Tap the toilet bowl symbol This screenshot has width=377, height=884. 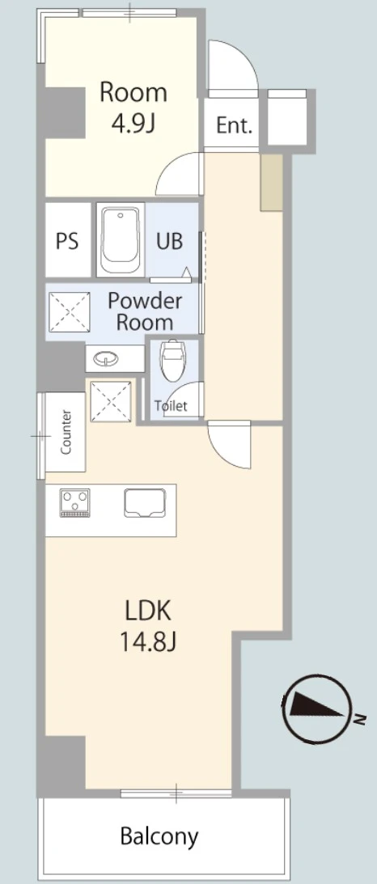pyautogui.click(x=172, y=361)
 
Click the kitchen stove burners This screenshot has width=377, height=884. pyautogui.click(x=75, y=502)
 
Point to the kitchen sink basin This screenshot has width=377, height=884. pyautogui.click(x=146, y=502)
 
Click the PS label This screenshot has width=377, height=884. pyautogui.click(x=67, y=241)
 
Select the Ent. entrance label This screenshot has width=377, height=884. pyautogui.click(x=234, y=125)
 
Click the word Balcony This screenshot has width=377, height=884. pyautogui.click(x=159, y=836)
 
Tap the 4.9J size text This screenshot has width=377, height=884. pyautogui.click(x=133, y=124)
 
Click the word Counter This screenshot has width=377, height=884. pyautogui.click(x=66, y=432)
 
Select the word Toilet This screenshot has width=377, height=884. pyautogui.click(x=172, y=406)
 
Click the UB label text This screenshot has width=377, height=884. pyautogui.click(x=170, y=241)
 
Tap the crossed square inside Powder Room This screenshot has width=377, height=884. pyautogui.click(x=70, y=311)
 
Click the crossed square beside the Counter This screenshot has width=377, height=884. pyautogui.click(x=112, y=401)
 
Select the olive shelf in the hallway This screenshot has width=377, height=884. pyautogui.click(x=271, y=183)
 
